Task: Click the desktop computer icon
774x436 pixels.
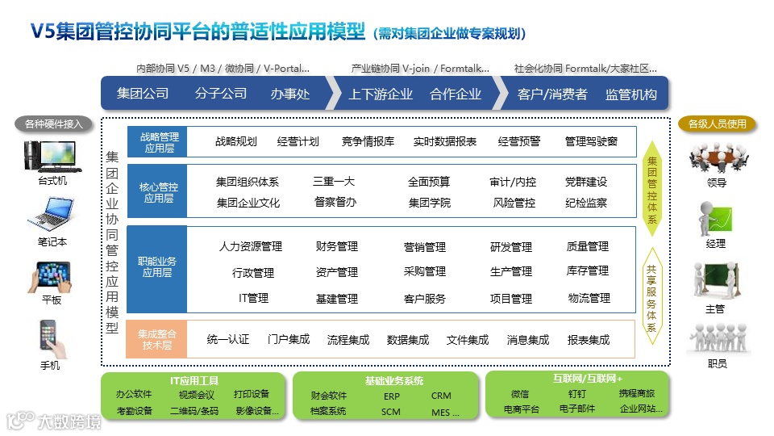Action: point(52,156)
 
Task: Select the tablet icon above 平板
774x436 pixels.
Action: point(52,276)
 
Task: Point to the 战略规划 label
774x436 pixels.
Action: point(236,141)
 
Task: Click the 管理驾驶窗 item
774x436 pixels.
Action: point(591,141)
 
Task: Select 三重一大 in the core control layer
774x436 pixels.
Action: point(334,182)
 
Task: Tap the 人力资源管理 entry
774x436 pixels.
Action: point(251,246)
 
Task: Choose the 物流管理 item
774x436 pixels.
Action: point(589,298)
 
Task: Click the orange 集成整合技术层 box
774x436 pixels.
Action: point(156,339)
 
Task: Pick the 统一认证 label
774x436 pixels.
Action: point(228,340)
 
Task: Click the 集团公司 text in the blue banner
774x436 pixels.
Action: point(143,94)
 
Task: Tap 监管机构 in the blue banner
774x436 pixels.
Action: point(630,94)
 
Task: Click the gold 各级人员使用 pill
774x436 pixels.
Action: point(717,124)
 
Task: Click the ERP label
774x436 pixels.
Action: point(391,396)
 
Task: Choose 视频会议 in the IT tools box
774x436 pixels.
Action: point(197,395)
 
